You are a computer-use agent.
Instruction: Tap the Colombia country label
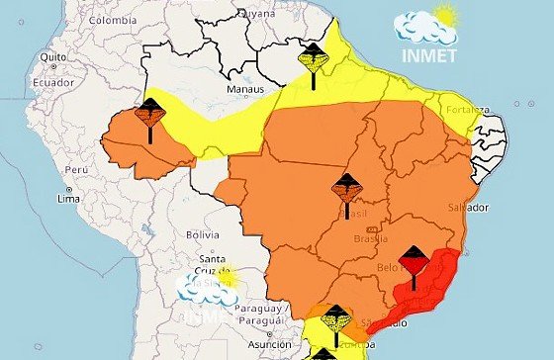click(112, 20)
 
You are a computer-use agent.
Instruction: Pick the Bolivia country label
click(202, 234)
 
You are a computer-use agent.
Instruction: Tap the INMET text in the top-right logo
click(429, 55)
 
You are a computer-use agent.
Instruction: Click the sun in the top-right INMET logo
click(444, 16)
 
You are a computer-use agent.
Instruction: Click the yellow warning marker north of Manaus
click(313, 62)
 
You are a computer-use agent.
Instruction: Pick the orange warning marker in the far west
click(149, 120)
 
